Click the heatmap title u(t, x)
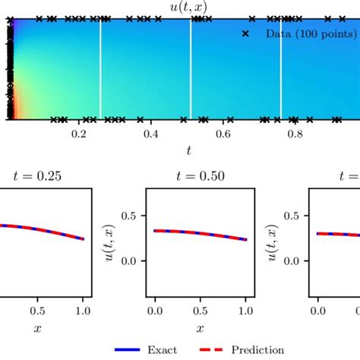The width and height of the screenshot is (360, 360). point(188,8)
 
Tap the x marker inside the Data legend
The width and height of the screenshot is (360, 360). point(245,33)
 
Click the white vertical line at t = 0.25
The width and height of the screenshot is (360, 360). point(100,68)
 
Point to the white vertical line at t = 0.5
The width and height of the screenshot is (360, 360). point(190,68)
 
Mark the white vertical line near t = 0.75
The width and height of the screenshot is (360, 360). point(281,68)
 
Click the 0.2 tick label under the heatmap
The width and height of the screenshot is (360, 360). point(79,134)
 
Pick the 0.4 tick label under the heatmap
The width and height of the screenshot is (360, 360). point(151,134)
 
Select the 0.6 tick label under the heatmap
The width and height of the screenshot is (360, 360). point(223,134)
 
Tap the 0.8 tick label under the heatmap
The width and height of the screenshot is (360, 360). point(295,134)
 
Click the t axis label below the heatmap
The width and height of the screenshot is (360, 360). point(188,150)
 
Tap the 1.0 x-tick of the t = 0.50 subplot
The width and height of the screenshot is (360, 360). point(246,311)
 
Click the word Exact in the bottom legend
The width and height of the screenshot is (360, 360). point(163,350)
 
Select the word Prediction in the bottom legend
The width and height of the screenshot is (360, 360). point(259,350)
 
